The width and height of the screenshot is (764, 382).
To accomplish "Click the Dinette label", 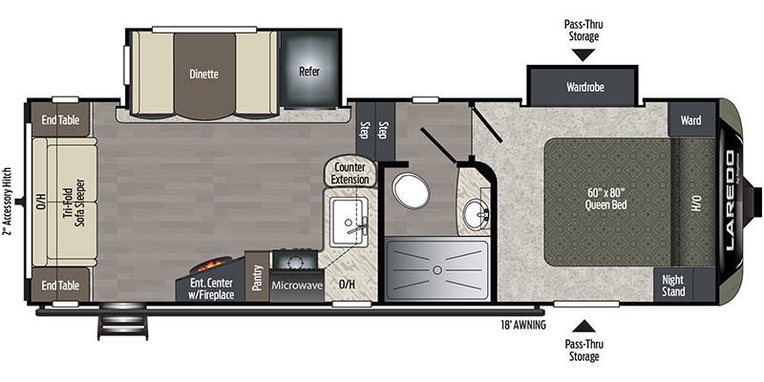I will click(x=203, y=74).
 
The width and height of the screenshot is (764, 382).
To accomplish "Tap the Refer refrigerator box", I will click(x=309, y=71).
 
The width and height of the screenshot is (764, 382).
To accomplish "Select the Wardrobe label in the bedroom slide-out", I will click(x=582, y=85).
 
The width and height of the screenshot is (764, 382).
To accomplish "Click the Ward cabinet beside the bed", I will click(x=691, y=121).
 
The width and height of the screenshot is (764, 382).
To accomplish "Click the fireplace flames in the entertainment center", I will click(x=212, y=264).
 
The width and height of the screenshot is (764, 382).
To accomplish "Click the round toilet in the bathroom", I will click(x=411, y=191).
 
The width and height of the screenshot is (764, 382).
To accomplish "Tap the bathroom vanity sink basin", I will click(x=475, y=216).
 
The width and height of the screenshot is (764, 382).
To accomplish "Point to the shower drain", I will click(x=435, y=271).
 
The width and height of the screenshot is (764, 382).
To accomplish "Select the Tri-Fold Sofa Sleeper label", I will click(x=69, y=202).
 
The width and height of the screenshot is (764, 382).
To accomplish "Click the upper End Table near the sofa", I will click(x=59, y=119).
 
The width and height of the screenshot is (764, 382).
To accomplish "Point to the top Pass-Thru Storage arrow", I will click(x=583, y=54).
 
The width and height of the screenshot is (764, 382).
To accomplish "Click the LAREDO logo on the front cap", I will click(x=731, y=201).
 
